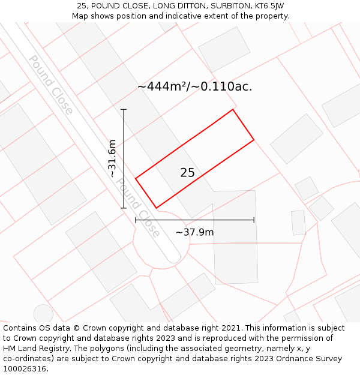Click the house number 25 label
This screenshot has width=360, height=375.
(x=187, y=173)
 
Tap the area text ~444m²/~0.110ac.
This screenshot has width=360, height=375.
(x=194, y=86)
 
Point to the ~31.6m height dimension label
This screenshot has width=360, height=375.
(x=112, y=158)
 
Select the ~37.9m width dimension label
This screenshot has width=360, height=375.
(x=194, y=232)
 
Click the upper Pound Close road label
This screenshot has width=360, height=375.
(x=51, y=85)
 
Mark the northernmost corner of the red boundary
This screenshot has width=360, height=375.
(x=233, y=109)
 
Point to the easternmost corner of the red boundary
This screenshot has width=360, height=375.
(x=254, y=140)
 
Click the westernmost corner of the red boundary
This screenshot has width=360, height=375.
(x=136, y=178)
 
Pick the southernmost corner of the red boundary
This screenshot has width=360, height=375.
(x=157, y=208)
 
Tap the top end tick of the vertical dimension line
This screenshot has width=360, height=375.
(x=124, y=109)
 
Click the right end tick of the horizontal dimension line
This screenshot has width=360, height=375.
(x=254, y=220)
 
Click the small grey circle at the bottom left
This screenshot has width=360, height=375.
(x=43, y=314)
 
